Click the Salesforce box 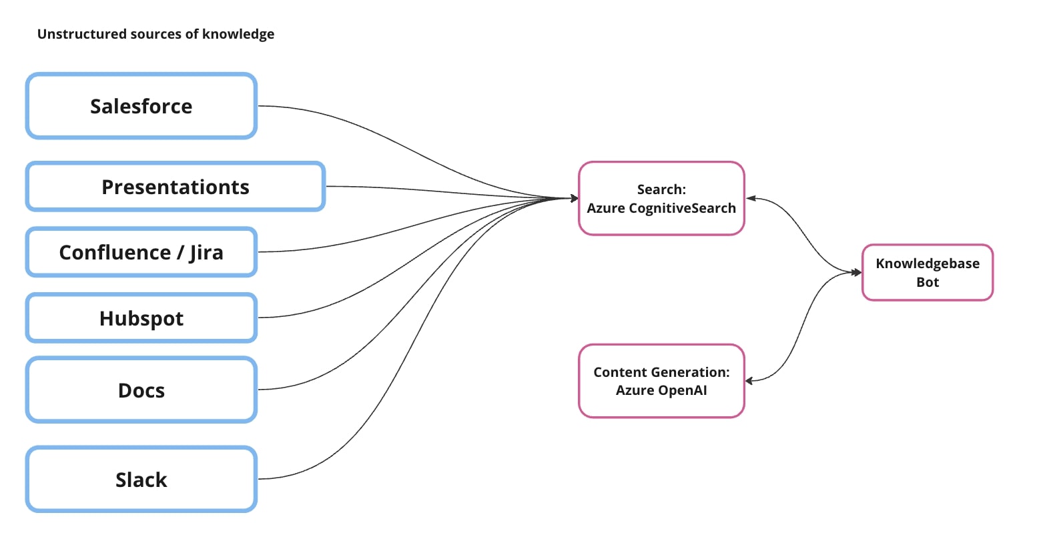(141, 106)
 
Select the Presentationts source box (175, 187)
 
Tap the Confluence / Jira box (141, 252)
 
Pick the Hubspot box (141, 318)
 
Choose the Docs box (141, 390)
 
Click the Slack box (141, 480)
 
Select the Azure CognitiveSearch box (661, 199)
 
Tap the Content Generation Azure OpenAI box (661, 381)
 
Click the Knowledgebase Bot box (927, 273)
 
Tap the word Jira (206, 253)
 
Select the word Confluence (115, 253)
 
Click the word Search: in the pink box (661, 189)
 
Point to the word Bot (927, 282)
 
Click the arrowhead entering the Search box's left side (574, 198)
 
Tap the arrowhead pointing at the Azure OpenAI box (749, 381)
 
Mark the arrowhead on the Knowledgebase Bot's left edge (857, 272)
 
